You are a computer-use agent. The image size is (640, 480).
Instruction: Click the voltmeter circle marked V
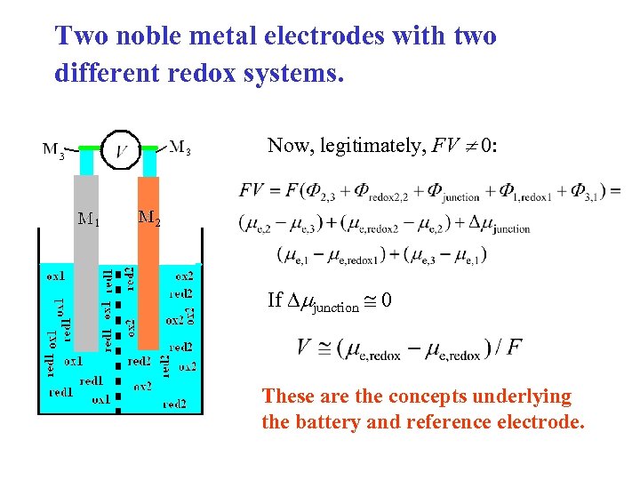click(124, 150)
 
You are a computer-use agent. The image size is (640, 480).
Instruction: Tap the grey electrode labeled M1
click(86, 267)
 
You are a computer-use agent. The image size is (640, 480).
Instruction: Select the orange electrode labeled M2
click(148, 267)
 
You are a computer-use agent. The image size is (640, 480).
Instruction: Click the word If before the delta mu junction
click(275, 300)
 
